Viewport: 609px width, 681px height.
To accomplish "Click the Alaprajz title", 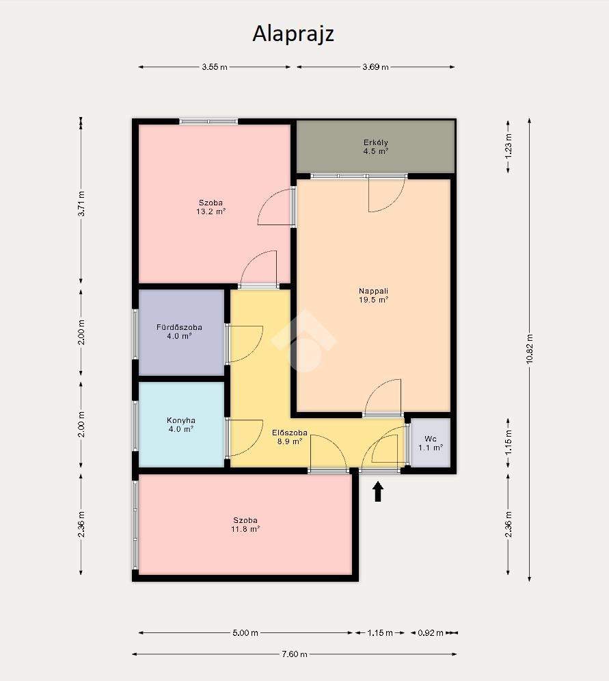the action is tap(293, 34).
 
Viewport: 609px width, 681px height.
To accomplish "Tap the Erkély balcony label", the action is tap(376, 146).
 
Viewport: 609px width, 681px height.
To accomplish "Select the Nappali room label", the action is tap(373, 296).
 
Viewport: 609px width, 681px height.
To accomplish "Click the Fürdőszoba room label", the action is tap(179, 331).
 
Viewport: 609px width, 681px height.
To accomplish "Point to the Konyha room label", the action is tap(181, 424).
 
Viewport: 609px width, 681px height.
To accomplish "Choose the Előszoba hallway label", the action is tap(290, 437).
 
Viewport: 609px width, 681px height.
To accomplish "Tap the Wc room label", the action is tap(431, 443).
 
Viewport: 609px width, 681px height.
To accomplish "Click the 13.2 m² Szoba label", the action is tap(211, 207).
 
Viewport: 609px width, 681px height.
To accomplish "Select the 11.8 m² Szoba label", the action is tap(245, 524).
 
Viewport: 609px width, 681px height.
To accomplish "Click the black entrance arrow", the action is tap(378, 491).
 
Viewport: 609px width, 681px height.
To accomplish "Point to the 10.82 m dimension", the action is tap(530, 349).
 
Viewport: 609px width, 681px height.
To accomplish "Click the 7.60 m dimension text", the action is tap(295, 654).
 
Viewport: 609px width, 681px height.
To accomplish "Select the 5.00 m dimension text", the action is tap(245, 633).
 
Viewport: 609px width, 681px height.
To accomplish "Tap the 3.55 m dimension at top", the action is tap(215, 67).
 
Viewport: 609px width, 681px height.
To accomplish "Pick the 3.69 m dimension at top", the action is tap(376, 67).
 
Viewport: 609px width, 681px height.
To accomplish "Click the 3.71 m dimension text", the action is tap(81, 203).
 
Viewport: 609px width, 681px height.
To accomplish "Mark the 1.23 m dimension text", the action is tap(509, 146).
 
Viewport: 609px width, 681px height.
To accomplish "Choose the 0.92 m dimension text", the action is tap(431, 633).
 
